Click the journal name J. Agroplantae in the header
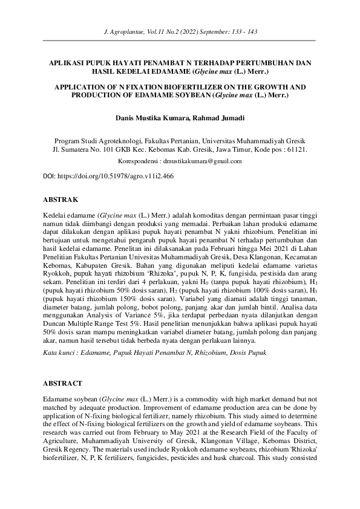(125, 29)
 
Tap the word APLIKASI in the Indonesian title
(67, 62)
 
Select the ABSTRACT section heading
(63, 383)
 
